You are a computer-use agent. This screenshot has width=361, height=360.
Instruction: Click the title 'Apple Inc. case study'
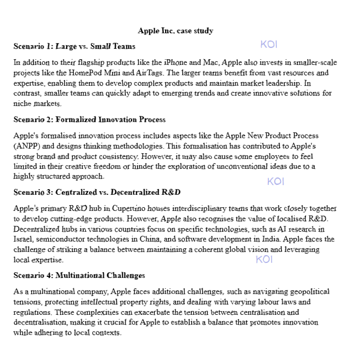point(176,31)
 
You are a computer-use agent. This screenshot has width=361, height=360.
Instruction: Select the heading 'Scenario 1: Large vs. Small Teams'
point(74,46)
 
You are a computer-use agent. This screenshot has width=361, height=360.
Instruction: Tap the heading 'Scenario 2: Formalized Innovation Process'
point(89,119)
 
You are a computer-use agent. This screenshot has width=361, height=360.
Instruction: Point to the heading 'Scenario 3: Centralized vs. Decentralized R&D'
point(97,192)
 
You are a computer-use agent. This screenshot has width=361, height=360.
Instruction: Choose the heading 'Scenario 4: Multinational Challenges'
point(79,275)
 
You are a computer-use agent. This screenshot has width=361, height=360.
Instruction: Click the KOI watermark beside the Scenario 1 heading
point(269,45)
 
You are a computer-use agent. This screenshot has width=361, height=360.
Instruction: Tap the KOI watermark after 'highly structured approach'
point(276,181)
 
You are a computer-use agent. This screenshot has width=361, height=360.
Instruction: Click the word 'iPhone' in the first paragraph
point(175,62)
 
